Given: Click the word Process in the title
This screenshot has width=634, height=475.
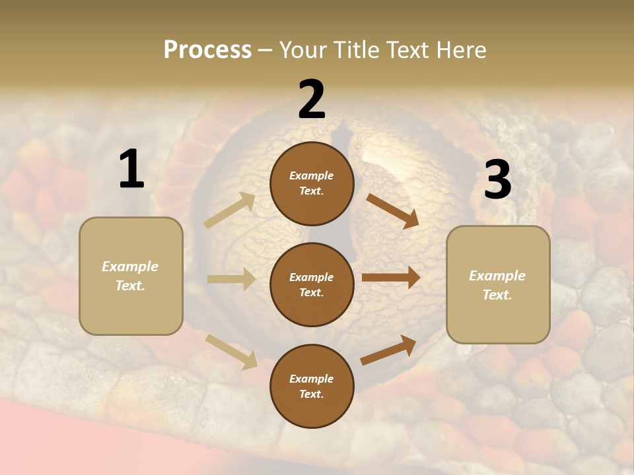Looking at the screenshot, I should (x=207, y=50).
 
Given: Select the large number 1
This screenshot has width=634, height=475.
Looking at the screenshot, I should (x=131, y=170).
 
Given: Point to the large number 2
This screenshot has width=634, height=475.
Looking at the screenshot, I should (x=312, y=100).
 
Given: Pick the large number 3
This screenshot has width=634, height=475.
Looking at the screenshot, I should (x=497, y=180).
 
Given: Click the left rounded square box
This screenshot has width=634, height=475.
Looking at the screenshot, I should (x=131, y=276).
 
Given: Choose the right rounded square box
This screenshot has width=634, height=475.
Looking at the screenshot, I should (x=498, y=284).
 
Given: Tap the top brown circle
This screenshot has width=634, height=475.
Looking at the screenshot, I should (x=312, y=183).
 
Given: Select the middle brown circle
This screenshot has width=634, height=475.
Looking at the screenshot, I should (x=312, y=284).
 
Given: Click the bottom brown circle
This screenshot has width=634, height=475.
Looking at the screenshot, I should (x=312, y=386).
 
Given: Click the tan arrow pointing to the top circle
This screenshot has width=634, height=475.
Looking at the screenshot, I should (x=230, y=210).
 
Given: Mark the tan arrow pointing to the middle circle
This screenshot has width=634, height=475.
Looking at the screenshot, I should (x=231, y=279).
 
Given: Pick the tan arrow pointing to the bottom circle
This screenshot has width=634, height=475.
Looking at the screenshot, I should (x=231, y=351).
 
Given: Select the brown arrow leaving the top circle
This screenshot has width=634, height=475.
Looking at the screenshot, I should (x=392, y=210).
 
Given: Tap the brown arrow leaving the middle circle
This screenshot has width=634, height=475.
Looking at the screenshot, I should (x=391, y=278).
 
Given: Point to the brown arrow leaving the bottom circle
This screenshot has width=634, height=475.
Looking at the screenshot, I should (x=388, y=350).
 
